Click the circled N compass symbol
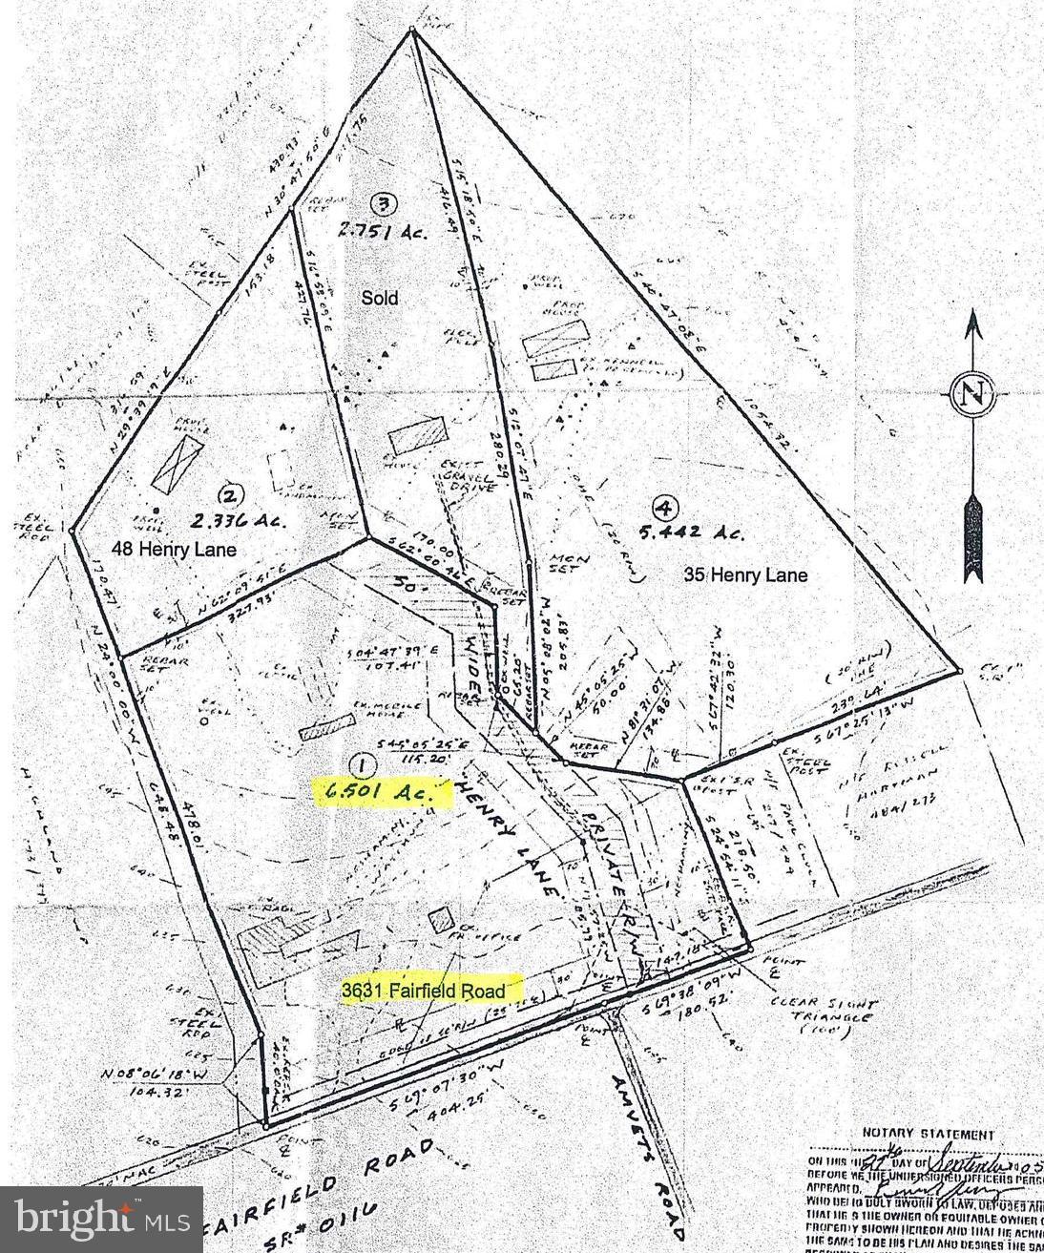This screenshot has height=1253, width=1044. [972, 393]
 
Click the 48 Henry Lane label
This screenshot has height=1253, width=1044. [169, 551]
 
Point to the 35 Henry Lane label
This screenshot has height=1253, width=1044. [745, 574]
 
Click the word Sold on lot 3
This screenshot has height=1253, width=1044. [379, 298]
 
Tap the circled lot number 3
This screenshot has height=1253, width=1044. [383, 202]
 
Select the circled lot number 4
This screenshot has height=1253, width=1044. [661, 507]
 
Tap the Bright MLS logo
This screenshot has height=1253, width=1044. [100, 1219]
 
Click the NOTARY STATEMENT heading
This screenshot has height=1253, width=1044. [928, 1135]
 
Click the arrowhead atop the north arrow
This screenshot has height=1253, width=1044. [972, 325]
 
